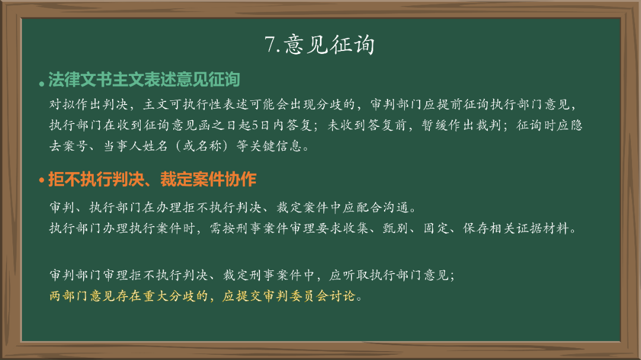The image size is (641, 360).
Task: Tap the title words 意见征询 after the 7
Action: tap(329, 44)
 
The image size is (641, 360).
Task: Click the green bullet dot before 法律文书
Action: tap(41, 82)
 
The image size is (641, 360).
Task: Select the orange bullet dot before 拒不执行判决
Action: tap(42, 180)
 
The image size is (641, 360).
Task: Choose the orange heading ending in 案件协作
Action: tap(152, 179)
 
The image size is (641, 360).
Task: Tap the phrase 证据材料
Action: tap(542, 229)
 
